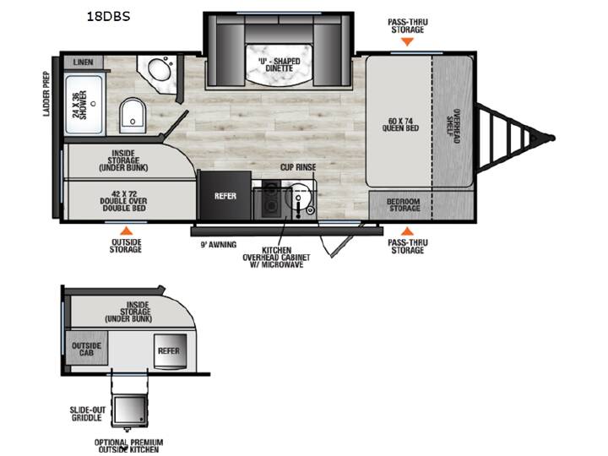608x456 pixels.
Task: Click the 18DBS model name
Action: coord(108,16)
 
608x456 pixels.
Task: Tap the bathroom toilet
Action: coord(133,116)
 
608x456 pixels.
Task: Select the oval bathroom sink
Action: coord(160,70)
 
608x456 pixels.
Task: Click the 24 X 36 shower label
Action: coord(80,105)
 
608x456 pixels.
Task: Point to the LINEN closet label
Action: coord(84,62)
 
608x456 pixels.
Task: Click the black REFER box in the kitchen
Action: coord(225,195)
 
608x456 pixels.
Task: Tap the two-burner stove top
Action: coord(271,198)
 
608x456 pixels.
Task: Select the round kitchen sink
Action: coord(298,196)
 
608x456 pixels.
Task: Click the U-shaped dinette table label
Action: coord(280,65)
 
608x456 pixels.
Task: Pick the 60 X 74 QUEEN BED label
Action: coord(400,124)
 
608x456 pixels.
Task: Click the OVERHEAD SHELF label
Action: coord(453,126)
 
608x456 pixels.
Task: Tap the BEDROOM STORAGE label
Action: coord(404,205)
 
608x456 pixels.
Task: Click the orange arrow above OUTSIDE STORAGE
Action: coord(126,231)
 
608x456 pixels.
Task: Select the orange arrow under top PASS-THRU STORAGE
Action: coord(407,42)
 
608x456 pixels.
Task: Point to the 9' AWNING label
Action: coord(219,245)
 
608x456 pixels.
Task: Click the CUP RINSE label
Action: coord(298,167)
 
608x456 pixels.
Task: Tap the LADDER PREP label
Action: coord(46,94)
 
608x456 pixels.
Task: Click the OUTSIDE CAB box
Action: coord(86,348)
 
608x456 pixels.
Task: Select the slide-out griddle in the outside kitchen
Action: coord(129,410)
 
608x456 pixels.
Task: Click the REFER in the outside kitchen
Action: coord(170,351)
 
